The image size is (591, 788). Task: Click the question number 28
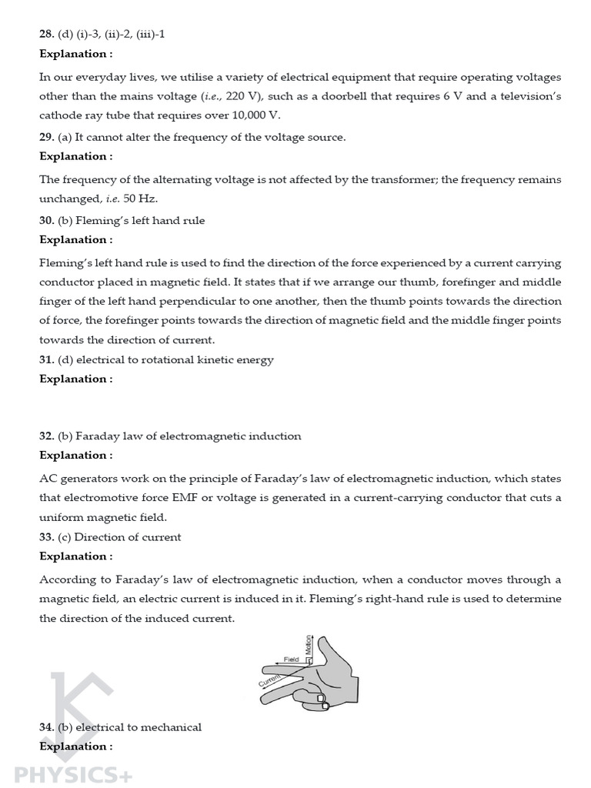click(x=45, y=35)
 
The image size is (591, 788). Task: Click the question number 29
click(x=45, y=137)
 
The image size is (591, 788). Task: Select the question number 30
click(x=45, y=220)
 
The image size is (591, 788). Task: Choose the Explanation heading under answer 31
click(x=75, y=379)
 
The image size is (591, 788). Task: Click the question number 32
click(x=45, y=436)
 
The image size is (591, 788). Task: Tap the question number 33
click(x=45, y=537)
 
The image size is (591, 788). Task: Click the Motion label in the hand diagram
click(x=309, y=646)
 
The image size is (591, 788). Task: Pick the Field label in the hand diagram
click(x=291, y=659)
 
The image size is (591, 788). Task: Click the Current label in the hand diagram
click(x=270, y=679)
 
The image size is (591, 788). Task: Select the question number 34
click(x=45, y=727)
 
